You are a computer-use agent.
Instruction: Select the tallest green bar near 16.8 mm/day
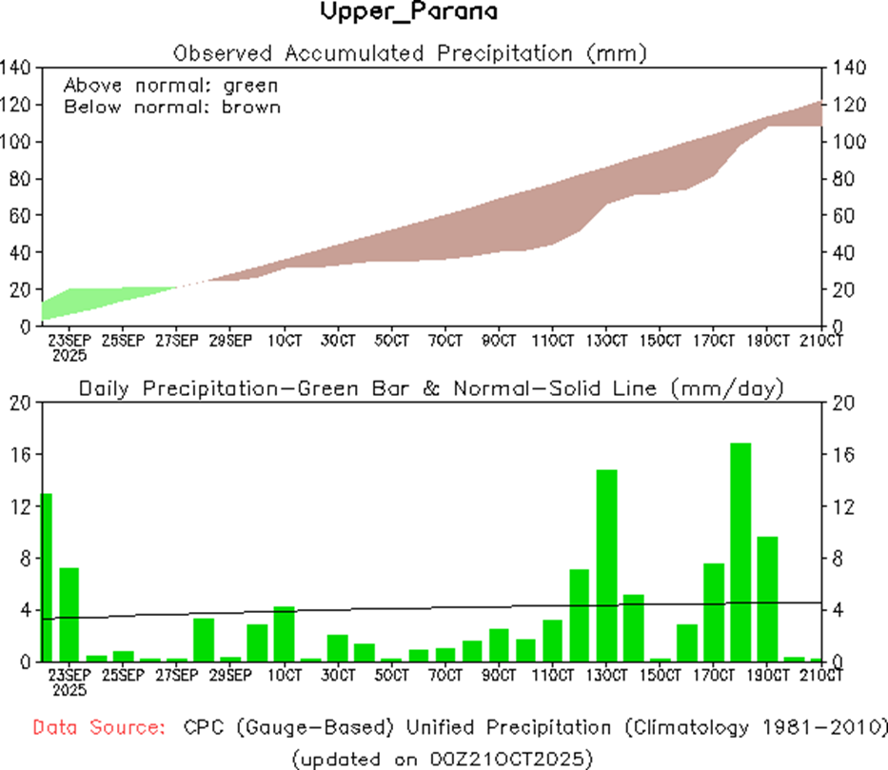pyautogui.click(x=740, y=552)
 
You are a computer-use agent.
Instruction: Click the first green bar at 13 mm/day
pyautogui.click(x=47, y=577)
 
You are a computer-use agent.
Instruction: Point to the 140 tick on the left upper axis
pyautogui.click(x=19, y=68)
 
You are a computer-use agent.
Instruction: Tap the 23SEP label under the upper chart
pyautogui.click(x=69, y=340)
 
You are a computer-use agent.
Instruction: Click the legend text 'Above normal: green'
pyautogui.click(x=170, y=86)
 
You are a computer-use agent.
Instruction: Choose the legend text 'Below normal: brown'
pyautogui.click(x=172, y=107)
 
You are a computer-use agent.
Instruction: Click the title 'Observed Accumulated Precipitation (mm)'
pyautogui.click(x=410, y=53)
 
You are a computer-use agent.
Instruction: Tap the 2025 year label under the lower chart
pyautogui.click(x=69, y=690)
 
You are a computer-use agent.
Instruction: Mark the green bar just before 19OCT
pyautogui.click(x=740, y=552)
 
